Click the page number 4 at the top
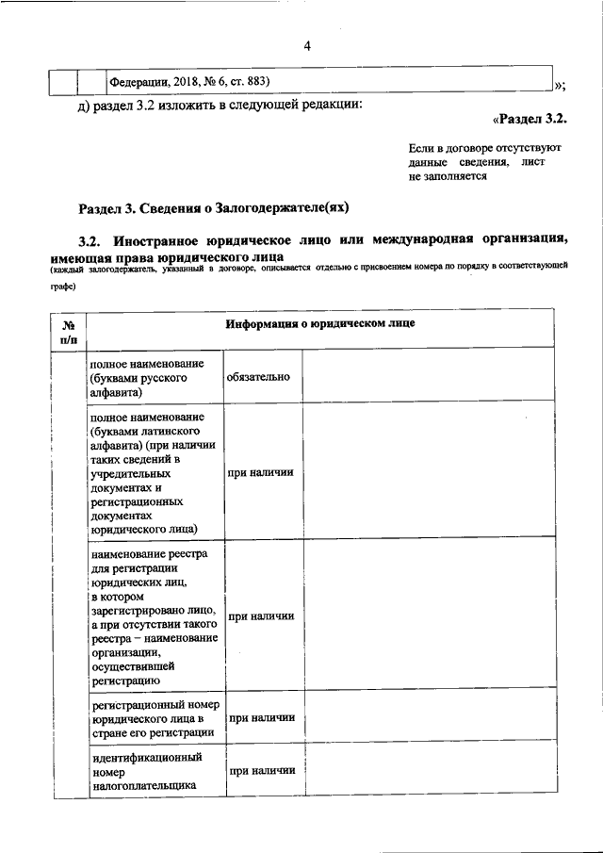[307, 47]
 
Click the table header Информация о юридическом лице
[320, 324]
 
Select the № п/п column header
[69, 331]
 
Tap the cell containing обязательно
[258, 377]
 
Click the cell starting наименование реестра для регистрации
[155, 615]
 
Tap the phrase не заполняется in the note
[448, 175]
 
